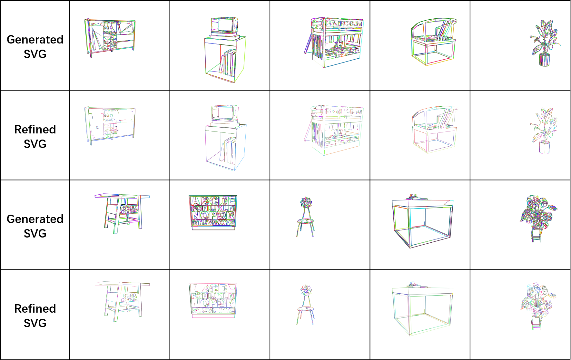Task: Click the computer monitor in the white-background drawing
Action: (225, 25)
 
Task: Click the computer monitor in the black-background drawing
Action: (225, 113)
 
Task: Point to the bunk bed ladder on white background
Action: (308, 44)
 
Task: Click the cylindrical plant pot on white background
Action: (544, 60)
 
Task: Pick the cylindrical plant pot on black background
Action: (544, 148)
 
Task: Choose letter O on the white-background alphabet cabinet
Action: (204, 215)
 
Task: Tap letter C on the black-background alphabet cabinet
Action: (213, 288)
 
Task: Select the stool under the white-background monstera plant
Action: (536, 236)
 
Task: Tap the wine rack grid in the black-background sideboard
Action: (110, 131)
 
